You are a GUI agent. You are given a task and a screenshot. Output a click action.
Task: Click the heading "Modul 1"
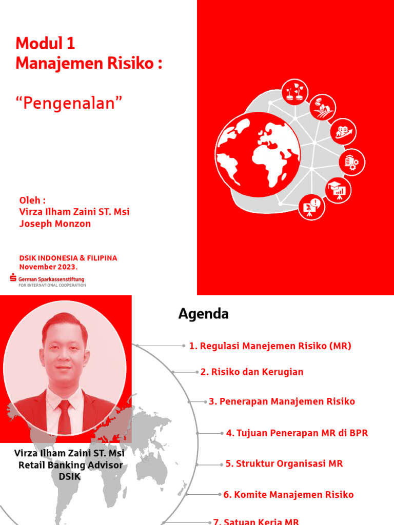coord(46,44)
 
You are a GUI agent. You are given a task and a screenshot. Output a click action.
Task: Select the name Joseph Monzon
coord(55,224)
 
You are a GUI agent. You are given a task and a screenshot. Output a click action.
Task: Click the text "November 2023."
coord(49,267)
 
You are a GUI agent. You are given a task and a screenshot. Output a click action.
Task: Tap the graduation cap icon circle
coord(339,189)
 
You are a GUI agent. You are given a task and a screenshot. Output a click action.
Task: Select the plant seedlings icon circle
coord(295,92)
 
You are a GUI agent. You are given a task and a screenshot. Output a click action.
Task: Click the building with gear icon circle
coord(352,162)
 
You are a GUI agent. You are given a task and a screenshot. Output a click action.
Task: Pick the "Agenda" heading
coord(204,314)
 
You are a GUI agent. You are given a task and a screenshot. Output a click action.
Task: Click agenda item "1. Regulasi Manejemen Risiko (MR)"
coord(270,346)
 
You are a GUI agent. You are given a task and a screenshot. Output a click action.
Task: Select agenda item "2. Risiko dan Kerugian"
coord(252,372)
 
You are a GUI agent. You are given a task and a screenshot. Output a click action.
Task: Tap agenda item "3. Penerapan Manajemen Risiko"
coord(282,401)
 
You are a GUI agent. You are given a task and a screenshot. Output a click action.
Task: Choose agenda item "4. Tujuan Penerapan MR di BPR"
coord(297,433)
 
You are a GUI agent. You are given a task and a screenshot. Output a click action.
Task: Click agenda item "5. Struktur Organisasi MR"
coord(284,464)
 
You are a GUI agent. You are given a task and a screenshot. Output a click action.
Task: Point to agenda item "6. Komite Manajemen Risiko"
coord(288,495)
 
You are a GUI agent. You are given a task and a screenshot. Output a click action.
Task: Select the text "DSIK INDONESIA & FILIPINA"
coord(68,258)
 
